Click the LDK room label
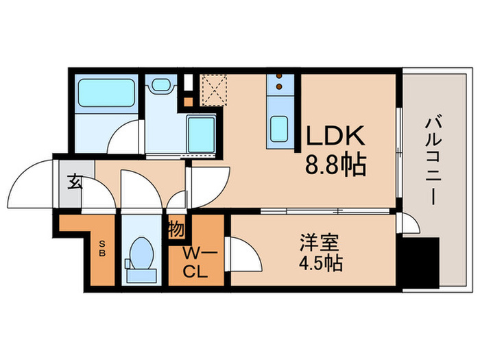click(334, 137)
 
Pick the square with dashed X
click(212, 88)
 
